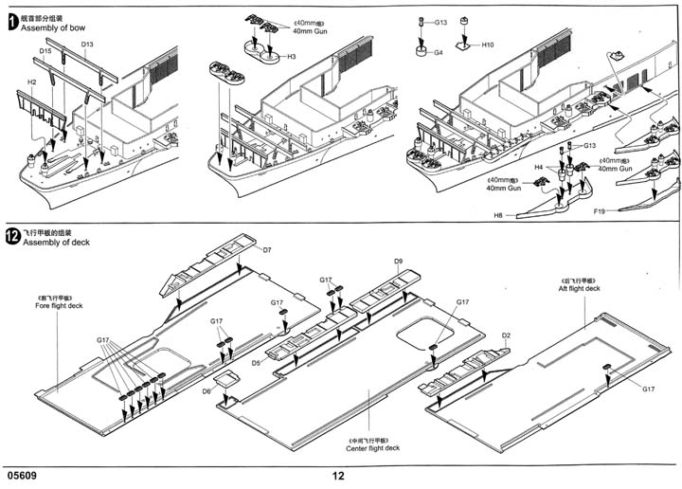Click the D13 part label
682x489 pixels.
tap(87, 45)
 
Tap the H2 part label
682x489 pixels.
tap(31, 82)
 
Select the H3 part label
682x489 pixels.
tap(292, 58)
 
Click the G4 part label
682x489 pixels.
tap(439, 53)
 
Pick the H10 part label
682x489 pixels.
tap(488, 45)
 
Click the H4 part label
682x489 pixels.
tap(538, 167)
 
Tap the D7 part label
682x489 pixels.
tap(267, 249)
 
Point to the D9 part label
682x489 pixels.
tap(398, 261)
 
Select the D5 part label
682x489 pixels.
tap(257, 363)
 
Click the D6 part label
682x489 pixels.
tap(206, 390)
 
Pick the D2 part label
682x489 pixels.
tap(506, 335)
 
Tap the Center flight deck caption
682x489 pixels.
tap(373, 448)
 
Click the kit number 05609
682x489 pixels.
tap(21, 476)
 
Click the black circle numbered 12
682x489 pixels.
tap(12, 236)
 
